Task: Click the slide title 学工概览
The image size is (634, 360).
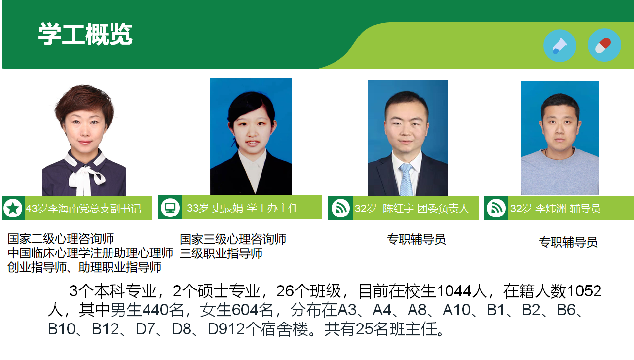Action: [85, 34]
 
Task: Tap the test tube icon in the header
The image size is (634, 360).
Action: [559, 45]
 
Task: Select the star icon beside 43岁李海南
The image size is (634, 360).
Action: [13, 209]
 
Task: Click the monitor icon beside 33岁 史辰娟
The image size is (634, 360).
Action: [170, 208]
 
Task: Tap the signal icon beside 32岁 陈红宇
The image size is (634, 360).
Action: [340, 209]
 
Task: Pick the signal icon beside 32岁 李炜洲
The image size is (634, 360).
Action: [496, 209]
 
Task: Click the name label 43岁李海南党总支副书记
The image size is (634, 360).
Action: [83, 209]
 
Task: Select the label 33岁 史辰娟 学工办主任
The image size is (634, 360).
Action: [243, 208]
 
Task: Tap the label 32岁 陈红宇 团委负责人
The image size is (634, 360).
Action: [412, 209]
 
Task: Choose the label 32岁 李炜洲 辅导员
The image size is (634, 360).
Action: [556, 209]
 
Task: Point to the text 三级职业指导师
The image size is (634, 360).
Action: [221, 253]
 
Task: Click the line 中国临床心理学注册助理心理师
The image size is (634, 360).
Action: [90, 253]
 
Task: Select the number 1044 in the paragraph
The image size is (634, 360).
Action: [454, 291]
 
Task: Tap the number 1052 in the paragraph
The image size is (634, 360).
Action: [584, 291]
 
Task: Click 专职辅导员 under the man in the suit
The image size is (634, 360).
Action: [416, 239]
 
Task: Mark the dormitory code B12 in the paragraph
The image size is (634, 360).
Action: [106, 329]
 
